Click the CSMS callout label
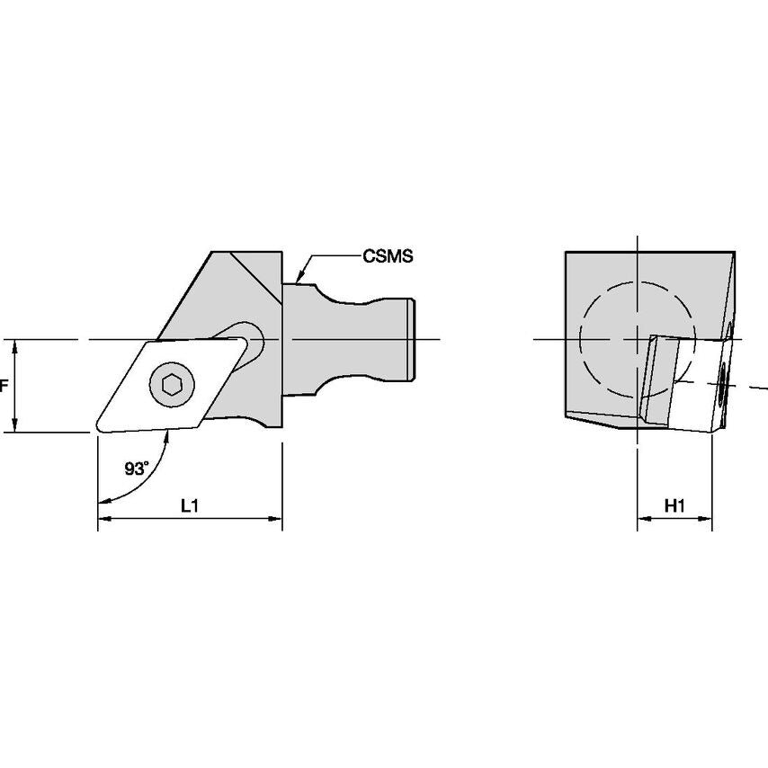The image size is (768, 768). coord(388,255)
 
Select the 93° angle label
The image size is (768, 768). coord(136,469)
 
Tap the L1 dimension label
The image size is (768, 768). coord(190,505)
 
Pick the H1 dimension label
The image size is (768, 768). coord(674,505)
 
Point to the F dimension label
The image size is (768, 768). coord(4,387)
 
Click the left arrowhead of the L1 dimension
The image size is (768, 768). coord(104,519)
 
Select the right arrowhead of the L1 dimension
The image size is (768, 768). coord(276,519)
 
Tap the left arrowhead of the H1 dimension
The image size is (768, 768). coord(644,519)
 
